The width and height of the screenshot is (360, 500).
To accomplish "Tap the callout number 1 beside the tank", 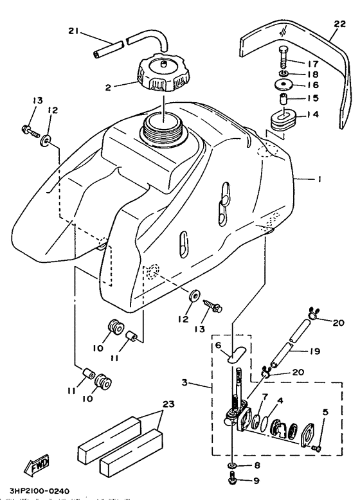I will point(318,181).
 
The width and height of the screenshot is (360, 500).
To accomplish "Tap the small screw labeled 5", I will point(315,447).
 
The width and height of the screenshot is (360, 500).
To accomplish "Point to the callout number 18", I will point(315,76).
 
